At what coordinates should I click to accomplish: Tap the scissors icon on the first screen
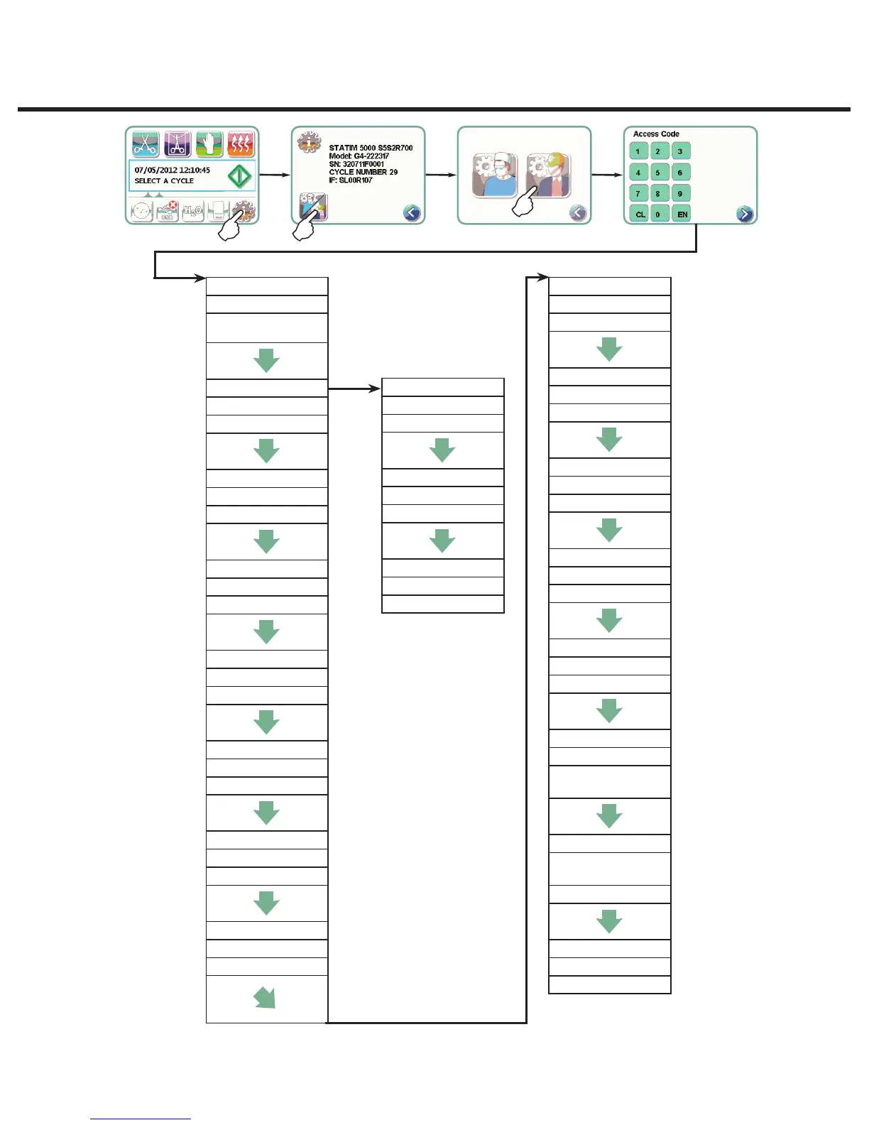[146, 144]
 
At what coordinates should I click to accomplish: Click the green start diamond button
[240, 175]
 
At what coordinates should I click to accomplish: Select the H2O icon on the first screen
[193, 211]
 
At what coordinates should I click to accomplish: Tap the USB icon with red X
[168, 211]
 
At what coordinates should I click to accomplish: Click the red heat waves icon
[241, 144]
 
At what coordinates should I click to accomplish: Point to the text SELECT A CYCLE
[164, 181]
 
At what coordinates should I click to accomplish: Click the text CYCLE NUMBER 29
[363, 172]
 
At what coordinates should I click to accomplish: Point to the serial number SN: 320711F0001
[356, 164]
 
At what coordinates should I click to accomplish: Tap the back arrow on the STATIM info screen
[412, 212]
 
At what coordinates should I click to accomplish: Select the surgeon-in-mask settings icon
[494, 175]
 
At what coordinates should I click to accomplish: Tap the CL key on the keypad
[639, 214]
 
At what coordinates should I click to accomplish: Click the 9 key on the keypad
[680, 193]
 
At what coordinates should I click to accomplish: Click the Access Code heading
[656, 134]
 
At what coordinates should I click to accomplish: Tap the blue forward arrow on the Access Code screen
[744, 213]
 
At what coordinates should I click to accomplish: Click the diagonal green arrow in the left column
[265, 998]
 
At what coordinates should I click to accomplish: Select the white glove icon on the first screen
[209, 144]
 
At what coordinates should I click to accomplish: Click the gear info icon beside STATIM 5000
[309, 142]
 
